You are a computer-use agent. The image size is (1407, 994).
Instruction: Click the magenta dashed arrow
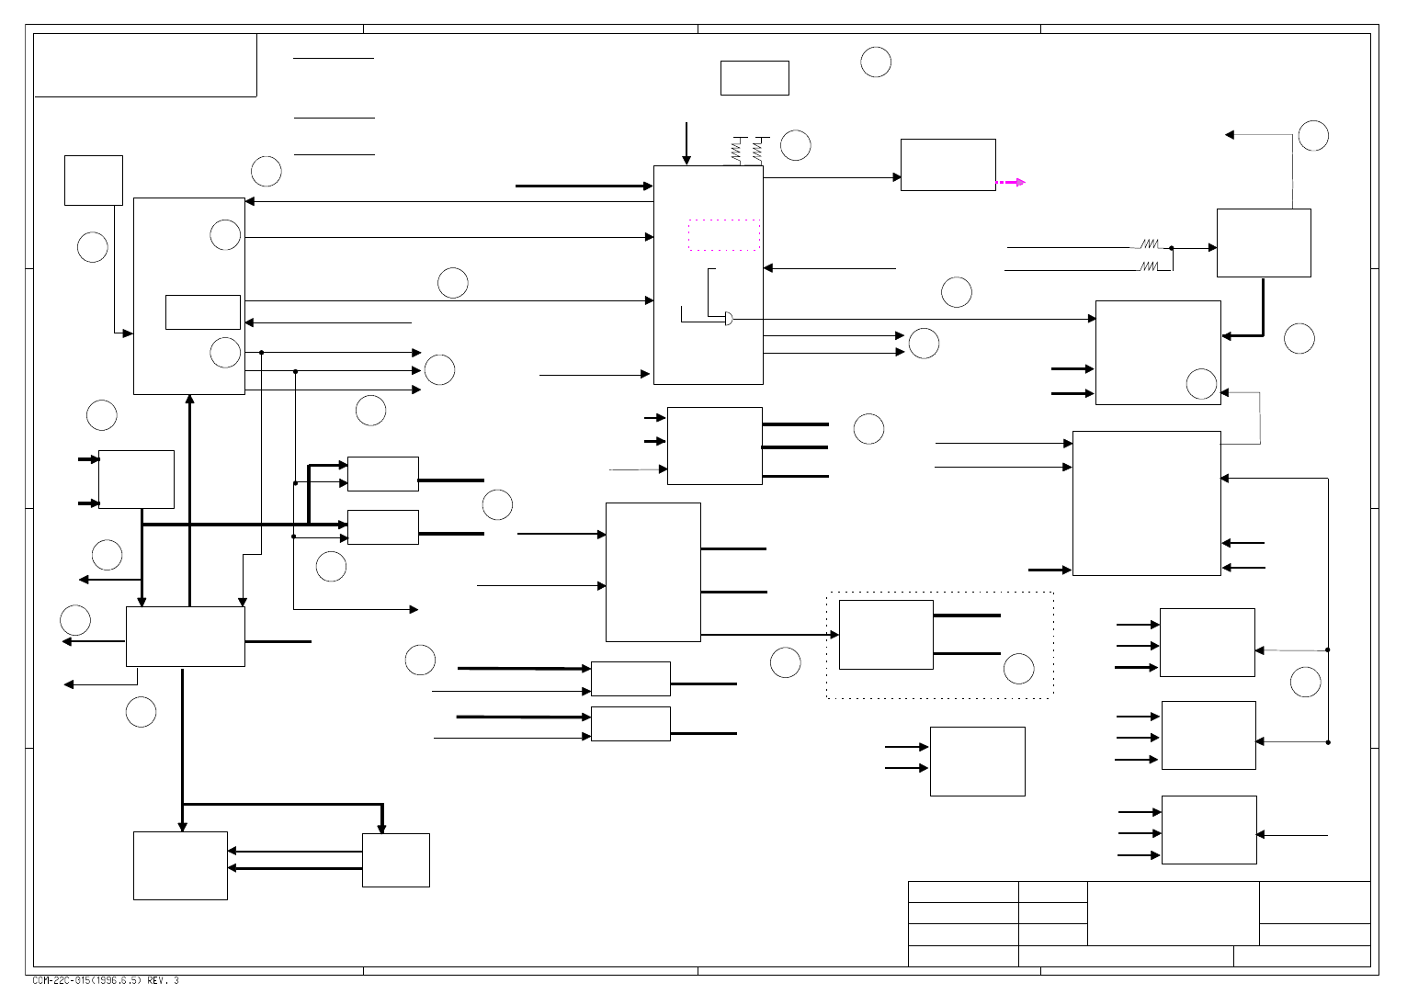pyautogui.click(x=1011, y=183)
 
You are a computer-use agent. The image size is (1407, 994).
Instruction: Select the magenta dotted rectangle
pyautogui.click(x=724, y=235)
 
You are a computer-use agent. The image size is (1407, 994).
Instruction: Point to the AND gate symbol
pyautogui.click(x=729, y=319)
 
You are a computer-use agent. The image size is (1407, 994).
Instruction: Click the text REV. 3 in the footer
pyautogui.click(x=164, y=981)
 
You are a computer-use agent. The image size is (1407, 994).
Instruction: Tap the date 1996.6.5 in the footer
pyautogui.click(x=118, y=981)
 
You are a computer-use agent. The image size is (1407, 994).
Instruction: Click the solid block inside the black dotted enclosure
pyautogui.click(x=886, y=635)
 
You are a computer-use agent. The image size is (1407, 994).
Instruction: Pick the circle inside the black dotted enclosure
pyautogui.click(x=1018, y=669)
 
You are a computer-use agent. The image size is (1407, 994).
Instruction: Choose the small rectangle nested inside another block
pyautogui.click(x=203, y=312)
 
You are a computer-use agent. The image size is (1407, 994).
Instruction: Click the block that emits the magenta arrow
pyautogui.click(x=947, y=165)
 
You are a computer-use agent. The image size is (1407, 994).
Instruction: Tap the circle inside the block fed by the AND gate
pyautogui.click(x=1201, y=384)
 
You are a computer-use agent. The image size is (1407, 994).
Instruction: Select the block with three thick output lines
pyautogui.click(x=714, y=446)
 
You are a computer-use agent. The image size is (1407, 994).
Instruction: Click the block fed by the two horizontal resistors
pyautogui.click(x=1263, y=243)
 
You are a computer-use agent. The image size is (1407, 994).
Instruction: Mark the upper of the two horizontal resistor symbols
pyautogui.click(x=1150, y=244)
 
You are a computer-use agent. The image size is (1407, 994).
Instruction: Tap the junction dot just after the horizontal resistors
pyautogui.click(x=1171, y=247)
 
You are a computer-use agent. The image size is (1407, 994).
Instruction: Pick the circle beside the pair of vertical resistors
pyautogui.click(x=795, y=145)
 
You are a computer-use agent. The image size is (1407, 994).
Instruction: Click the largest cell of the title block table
pyautogui.click(x=1173, y=913)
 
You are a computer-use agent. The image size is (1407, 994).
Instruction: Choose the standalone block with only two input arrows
pyautogui.click(x=977, y=762)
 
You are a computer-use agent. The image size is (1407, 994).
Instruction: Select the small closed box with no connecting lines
pyautogui.click(x=755, y=78)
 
